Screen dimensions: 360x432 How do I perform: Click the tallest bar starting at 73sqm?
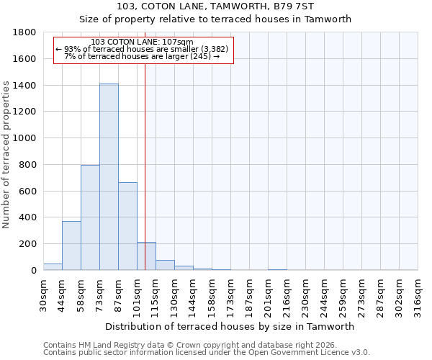[x=109, y=177]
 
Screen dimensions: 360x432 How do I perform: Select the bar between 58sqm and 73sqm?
[x=90, y=217]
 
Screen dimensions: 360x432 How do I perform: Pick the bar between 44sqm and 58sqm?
[x=71, y=246]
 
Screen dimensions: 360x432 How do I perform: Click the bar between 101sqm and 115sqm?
[x=146, y=256]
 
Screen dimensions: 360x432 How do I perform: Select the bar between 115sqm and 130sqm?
[x=165, y=265]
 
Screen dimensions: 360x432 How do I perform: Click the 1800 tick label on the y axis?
[x=24, y=32]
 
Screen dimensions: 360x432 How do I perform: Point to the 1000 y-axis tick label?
[x=24, y=138]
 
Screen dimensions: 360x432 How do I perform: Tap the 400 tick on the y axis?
[x=27, y=217]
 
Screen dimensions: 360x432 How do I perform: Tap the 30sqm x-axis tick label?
[x=43, y=292]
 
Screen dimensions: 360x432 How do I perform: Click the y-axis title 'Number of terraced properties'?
[x=6, y=155]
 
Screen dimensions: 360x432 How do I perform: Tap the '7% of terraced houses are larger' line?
[x=142, y=56]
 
